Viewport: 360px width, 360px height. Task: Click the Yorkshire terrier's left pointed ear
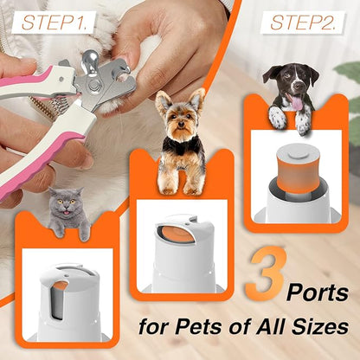pos(161,100)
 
